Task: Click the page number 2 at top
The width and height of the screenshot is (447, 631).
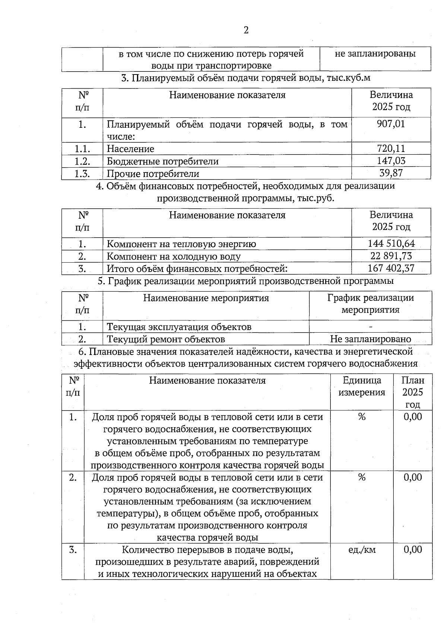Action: coord(246,30)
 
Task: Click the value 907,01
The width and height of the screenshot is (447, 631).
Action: coord(391,124)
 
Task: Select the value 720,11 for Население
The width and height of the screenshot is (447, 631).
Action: coord(391,149)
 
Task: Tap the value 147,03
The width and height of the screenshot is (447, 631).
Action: coord(391,161)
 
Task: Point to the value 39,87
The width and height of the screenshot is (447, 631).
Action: coord(391,173)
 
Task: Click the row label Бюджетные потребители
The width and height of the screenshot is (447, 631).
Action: coord(162,161)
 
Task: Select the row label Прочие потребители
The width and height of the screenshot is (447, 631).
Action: coord(153,174)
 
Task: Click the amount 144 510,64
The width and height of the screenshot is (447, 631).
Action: coord(391,244)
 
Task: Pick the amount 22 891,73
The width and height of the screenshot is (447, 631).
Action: coord(391,256)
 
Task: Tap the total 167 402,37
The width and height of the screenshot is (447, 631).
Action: coord(391,268)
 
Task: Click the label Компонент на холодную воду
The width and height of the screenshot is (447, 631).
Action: coord(174,256)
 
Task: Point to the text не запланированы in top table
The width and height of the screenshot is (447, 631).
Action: coord(375,54)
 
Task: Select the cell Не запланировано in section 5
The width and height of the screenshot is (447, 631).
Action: coord(370,339)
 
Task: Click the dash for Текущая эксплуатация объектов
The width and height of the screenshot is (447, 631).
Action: coord(370,327)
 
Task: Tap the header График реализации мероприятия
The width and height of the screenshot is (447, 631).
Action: coord(370,304)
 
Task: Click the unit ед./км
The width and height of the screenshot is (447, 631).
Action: coord(362,549)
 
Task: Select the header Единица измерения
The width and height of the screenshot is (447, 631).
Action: coord(362,386)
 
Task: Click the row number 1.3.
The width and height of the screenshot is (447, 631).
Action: coord(82,174)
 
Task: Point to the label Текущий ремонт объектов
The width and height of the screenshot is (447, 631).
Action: coord(166,339)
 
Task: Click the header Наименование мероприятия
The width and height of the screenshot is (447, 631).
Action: coord(206,298)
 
